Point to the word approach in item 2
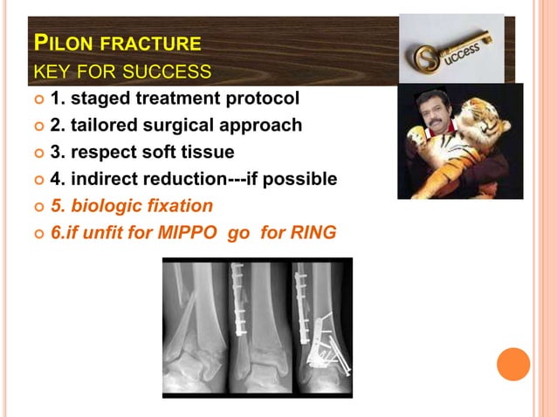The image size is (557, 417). point(264,125)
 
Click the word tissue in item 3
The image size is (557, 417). point(210,152)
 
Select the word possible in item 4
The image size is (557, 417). point(302,179)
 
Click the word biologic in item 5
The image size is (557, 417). point(102,206)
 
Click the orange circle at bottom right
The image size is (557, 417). point(513,363)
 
